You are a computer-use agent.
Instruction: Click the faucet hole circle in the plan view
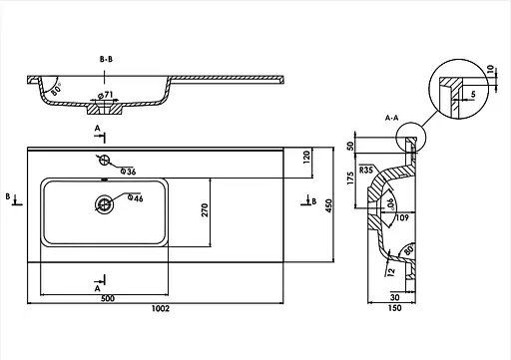pos(103,160)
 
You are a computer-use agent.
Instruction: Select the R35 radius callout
pos(367,171)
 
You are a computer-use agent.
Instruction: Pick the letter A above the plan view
pos(97,130)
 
